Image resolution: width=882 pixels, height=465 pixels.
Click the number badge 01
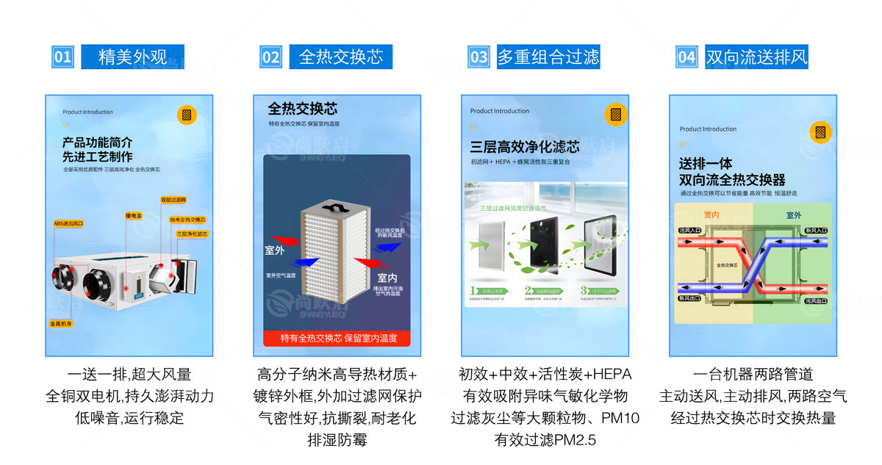click(x=64, y=57)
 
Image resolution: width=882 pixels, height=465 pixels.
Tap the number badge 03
click(x=479, y=57)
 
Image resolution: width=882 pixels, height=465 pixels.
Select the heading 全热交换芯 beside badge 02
click(x=341, y=57)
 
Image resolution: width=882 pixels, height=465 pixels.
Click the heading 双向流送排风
click(x=756, y=57)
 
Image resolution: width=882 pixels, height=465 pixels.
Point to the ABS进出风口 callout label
click(x=69, y=223)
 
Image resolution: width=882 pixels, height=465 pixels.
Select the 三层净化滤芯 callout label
click(x=192, y=233)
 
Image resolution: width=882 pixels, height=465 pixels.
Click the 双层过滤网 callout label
click(x=173, y=199)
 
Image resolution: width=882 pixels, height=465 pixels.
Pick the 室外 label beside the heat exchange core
click(x=274, y=250)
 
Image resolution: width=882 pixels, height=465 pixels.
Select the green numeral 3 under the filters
click(x=584, y=290)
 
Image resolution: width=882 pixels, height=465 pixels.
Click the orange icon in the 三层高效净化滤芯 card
click(x=616, y=115)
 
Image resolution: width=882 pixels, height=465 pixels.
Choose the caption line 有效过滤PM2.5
click(x=545, y=440)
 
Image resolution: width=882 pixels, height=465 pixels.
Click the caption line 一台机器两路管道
click(x=753, y=375)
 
